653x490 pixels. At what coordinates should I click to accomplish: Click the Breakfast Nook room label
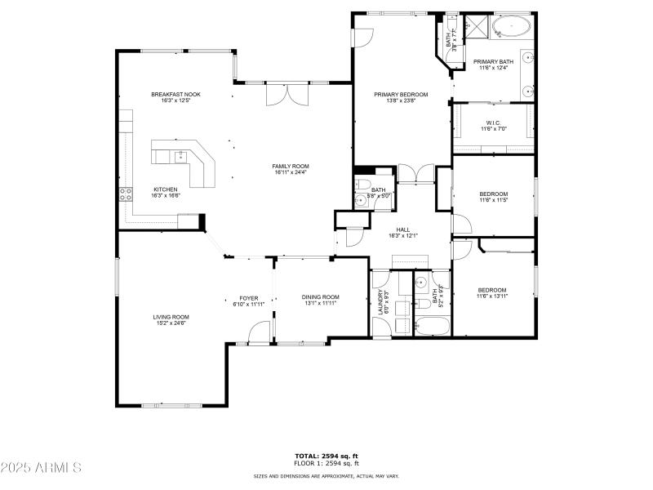(x=175, y=95)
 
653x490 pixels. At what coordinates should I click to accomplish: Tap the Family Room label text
(x=291, y=167)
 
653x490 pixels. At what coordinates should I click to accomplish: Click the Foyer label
(x=248, y=298)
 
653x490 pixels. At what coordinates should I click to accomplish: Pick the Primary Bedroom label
(x=401, y=95)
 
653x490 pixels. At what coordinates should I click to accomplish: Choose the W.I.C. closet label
(x=493, y=123)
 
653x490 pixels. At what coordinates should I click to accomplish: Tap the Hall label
(x=403, y=229)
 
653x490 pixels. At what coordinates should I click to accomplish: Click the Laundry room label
(x=380, y=303)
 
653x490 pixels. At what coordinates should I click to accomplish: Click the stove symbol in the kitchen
(x=127, y=194)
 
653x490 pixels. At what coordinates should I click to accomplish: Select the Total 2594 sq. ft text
(x=326, y=456)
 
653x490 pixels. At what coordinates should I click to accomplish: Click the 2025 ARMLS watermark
(x=41, y=468)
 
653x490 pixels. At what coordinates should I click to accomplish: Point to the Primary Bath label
(x=493, y=61)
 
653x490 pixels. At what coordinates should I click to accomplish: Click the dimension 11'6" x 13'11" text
(x=492, y=296)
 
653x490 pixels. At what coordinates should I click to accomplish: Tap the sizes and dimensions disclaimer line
(x=326, y=475)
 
